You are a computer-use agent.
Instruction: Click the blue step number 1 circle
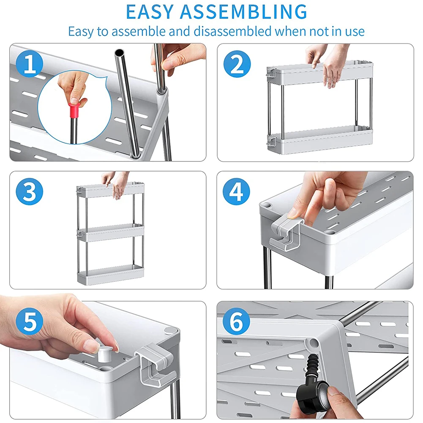(x=30, y=64)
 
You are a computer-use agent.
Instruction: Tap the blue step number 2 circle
(x=237, y=64)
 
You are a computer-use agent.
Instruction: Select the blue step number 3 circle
(x=30, y=191)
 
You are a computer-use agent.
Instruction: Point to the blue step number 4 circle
(x=236, y=191)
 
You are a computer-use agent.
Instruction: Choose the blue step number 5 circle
(x=30, y=321)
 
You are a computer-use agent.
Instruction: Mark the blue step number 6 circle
(x=236, y=321)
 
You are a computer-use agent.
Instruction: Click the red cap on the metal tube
(x=74, y=110)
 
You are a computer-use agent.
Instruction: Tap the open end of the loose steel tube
(x=119, y=52)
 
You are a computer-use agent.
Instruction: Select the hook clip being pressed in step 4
(x=286, y=234)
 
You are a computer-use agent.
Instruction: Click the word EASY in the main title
(x=150, y=12)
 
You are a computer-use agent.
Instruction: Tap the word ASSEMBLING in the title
(x=243, y=12)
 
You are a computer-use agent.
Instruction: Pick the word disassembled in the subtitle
(x=232, y=31)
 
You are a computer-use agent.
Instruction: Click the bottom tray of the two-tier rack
(x=320, y=140)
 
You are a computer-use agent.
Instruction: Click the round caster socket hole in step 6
(x=313, y=343)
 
